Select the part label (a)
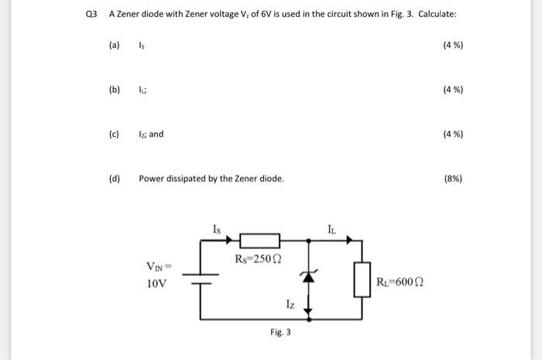tap(115, 45)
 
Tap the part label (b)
tap(115, 90)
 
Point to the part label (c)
tap(115, 134)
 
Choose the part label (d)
tap(115, 179)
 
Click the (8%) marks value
tap(453, 179)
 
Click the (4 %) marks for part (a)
tap(453, 45)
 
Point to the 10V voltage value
tap(156, 283)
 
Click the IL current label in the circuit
tap(331, 228)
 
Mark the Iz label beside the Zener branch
tap(290, 305)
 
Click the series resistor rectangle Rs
tap(259, 241)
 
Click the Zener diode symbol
tap(309, 275)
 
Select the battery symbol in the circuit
tap(202, 279)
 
